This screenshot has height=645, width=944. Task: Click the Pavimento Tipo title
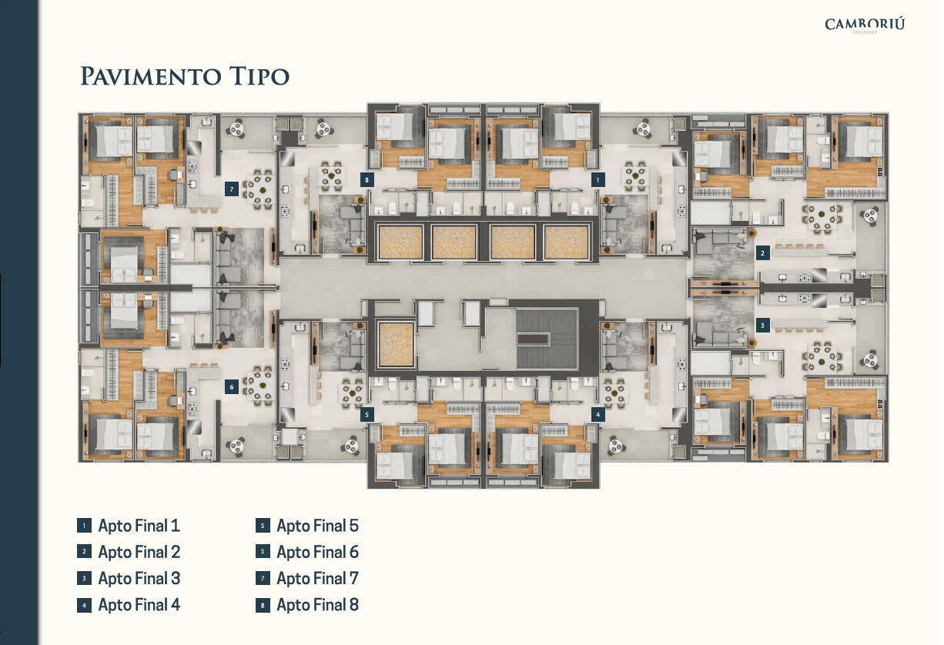click(x=185, y=76)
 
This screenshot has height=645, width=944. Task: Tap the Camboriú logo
click(x=864, y=25)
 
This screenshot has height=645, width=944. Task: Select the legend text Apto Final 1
click(x=139, y=526)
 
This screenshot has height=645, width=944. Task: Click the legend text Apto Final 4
click(x=139, y=605)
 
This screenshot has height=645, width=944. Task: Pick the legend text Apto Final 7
click(x=317, y=579)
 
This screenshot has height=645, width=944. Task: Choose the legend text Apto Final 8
click(x=317, y=605)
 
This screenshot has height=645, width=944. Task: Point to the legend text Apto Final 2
click(x=139, y=553)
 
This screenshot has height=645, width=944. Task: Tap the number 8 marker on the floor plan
click(x=367, y=179)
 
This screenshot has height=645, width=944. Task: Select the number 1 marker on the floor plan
click(x=598, y=179)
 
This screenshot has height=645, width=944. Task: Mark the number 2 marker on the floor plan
click(x=762, y=252)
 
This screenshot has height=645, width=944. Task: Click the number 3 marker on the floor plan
click(x=762, y=325)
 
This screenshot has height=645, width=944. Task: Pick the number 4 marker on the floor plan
click(x=598, y=413)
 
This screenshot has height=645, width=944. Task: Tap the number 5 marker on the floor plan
click(x=367, y=413)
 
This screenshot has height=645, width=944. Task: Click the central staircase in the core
click(x=546, y=339)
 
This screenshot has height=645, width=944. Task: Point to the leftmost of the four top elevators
click(x=400, y=242)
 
